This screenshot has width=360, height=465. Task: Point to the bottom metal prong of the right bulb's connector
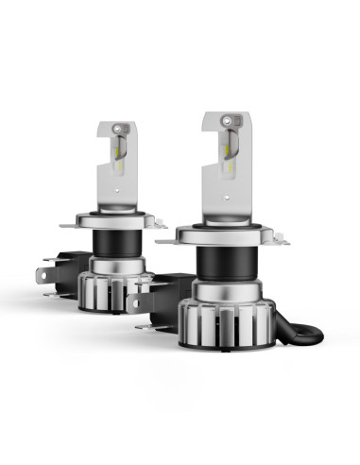[145, 325]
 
